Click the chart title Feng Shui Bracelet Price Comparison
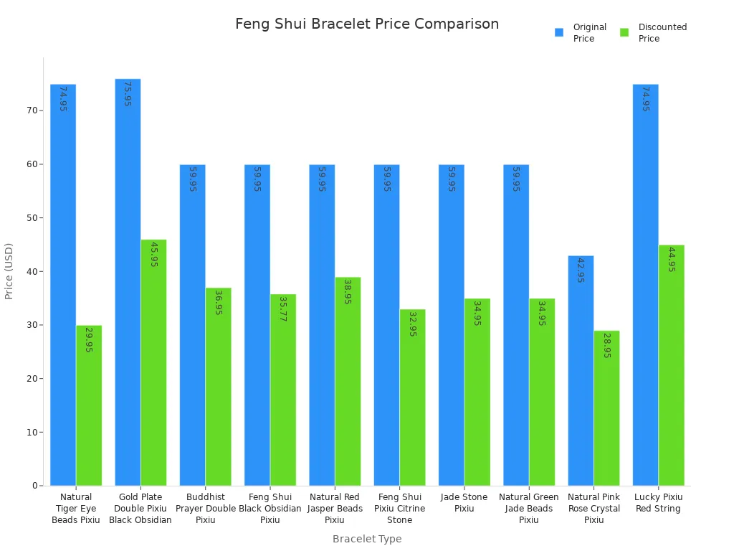[367, 24]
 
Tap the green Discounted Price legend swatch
[624, 32]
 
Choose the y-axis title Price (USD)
[9, 271]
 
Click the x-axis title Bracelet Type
[367, 539]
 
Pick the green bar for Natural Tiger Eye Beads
[89, 405]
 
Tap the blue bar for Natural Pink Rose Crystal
[581, 370]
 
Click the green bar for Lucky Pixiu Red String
[672, 365]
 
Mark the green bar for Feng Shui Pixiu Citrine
[412, 397]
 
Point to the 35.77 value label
[282, 309]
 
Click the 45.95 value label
[153, 254]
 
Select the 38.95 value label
[348, 291]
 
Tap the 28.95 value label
[606, 345]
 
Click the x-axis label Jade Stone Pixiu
[464, 503]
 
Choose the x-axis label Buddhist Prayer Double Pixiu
[206, 509]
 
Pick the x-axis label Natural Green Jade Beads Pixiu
[528, 509]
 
